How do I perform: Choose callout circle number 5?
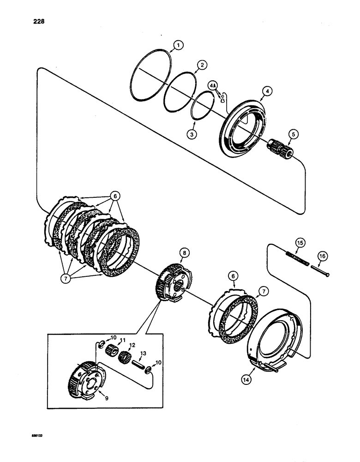(x=293, y=135)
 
